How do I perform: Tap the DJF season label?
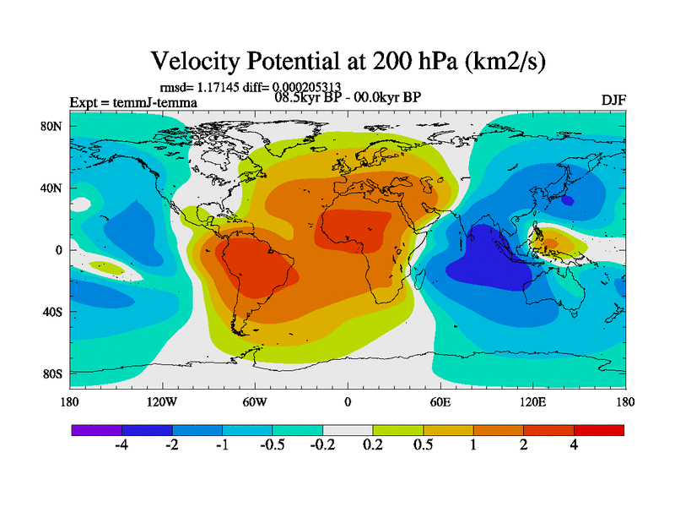(x=612, y=101)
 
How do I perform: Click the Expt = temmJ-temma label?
(x=133, y=103)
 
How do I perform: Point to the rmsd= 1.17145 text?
(x=195, y=86)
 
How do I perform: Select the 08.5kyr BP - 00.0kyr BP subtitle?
(x=348, y=96)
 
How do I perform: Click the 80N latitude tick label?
(x=52, y=126)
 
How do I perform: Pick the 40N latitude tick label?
(x=52, y=188)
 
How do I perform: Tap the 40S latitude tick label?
(x=52, y=312)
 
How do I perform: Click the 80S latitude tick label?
(x=52, y=373)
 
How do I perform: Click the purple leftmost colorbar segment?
(x=96, y=430)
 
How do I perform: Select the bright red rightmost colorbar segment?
(x=599, y=430)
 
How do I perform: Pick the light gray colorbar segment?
(x=348, y=430)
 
